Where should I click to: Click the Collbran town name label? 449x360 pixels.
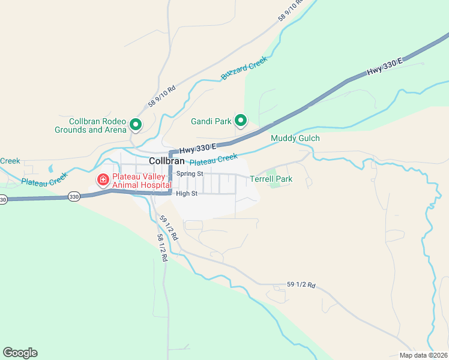[166, 161]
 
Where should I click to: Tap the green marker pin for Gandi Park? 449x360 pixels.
[241, 121]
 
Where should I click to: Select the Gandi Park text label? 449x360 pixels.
[211, 121]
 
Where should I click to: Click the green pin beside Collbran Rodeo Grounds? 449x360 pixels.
[136, 125]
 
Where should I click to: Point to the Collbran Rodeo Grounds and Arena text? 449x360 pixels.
[91, 125]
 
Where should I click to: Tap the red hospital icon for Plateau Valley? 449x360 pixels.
[103, 179]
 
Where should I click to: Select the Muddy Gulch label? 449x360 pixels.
[295, 139]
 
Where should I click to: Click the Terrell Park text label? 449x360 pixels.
[271, 179]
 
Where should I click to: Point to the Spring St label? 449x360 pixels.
[190, 173]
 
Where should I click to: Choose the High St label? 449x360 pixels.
[187, 193]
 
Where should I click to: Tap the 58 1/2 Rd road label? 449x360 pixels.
[161, 247]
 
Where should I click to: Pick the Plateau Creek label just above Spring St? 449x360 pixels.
[214, 160]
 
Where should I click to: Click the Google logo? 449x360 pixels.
[20, 353]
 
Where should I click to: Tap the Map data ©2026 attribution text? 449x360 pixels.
[423, 355]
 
